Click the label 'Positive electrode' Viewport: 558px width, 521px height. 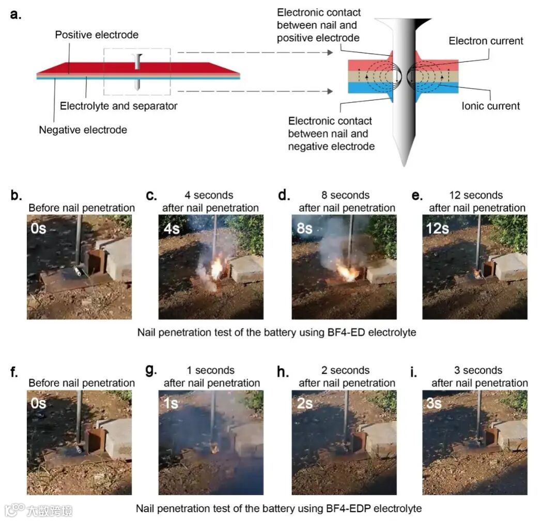click(97, 35)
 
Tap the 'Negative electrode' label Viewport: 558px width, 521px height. click(83, 130)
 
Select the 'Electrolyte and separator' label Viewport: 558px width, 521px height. click(118, 106)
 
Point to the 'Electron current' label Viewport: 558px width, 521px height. click(486, 41)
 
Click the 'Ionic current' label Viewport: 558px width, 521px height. click(490, 106)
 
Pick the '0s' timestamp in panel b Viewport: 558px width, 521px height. click(38, 228)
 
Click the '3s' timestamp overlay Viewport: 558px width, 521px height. click(434, 403)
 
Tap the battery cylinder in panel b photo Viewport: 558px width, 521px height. click(80, 271)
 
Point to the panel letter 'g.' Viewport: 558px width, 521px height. click(151, 371)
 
